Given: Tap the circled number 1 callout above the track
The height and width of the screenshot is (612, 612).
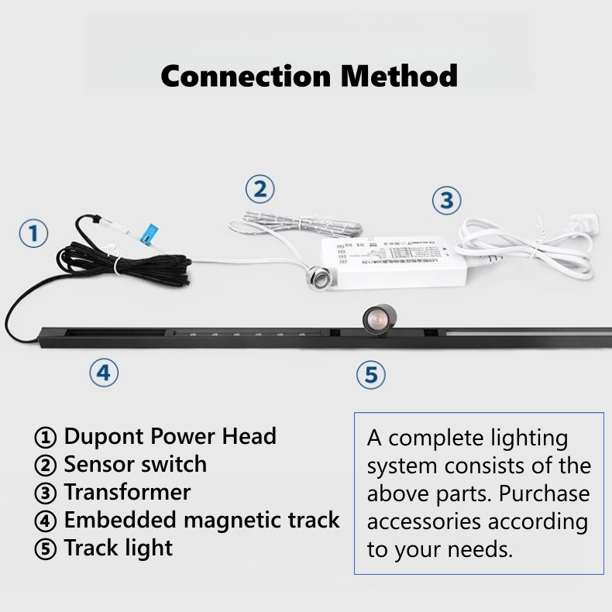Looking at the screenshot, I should (x=33, y=233).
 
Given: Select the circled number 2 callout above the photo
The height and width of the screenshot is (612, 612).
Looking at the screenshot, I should (x=260, y=189).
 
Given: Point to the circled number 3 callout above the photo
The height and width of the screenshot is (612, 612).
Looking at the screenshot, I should (x=445, y=201).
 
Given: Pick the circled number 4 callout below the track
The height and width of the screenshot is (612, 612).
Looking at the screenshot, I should (x=103, y=373).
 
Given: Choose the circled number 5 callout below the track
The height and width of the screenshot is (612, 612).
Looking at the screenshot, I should (x=371, y=376).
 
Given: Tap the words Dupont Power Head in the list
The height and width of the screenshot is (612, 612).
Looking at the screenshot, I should (x=170, y=436).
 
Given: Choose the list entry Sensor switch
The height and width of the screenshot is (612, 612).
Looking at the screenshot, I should (x=135, y=464).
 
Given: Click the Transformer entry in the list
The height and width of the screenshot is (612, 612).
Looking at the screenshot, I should (x=127, y=492).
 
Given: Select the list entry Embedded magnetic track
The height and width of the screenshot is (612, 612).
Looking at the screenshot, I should (x=201, y=520).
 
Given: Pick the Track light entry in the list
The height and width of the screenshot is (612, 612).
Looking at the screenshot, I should (x=118, y=548).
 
